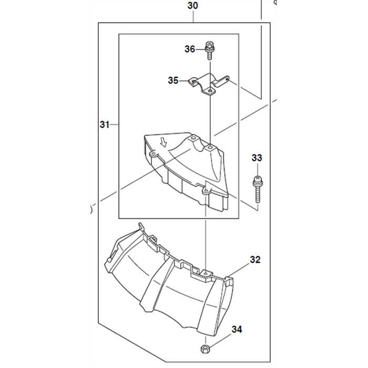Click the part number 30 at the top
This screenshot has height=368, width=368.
point(193,6)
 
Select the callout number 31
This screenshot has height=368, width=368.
point(105,125)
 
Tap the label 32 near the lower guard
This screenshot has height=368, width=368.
point(255,260)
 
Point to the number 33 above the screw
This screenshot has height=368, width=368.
point(257,158)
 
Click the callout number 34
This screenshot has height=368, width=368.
point(237,330)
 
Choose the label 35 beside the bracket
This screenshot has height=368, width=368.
point(173,81)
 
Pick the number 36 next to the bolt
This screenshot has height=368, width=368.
point(190,49)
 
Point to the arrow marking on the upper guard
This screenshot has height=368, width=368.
point(163,142)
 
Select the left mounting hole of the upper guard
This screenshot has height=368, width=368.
point(153,156)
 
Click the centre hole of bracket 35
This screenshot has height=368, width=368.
point(210,90)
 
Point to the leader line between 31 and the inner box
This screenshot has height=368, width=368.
point(114,125)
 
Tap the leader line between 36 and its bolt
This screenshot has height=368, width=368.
point(200,49)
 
